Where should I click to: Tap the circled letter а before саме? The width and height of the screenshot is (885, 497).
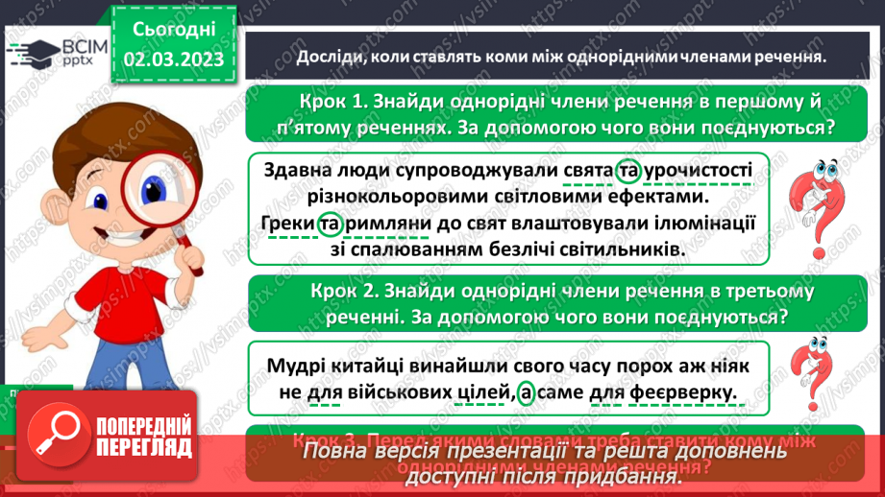(x=525, y=391)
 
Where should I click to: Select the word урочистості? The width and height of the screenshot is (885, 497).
(x=698, y=170)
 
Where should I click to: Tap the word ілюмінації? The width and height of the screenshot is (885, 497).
(x=699, y=225)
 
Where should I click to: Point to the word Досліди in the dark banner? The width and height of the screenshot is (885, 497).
(x=329, y=57)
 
